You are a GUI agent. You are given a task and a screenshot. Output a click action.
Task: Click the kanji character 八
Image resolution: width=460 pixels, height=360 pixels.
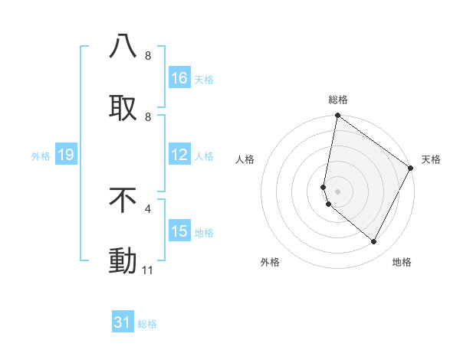coord(123,46)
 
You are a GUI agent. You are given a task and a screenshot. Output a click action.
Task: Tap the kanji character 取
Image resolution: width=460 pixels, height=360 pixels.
coord(123,108)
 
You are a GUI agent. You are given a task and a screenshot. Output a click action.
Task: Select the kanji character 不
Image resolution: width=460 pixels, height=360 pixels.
coord(123,200)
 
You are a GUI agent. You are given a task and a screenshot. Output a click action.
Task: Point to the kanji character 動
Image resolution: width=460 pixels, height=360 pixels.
coord(123,261)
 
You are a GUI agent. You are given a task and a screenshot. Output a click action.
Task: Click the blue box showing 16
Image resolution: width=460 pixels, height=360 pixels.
coord(179,78)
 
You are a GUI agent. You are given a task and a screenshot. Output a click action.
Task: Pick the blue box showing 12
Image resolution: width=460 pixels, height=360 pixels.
coord(179,155)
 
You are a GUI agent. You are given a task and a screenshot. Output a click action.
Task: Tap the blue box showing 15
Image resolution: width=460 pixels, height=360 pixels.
coord(179,231)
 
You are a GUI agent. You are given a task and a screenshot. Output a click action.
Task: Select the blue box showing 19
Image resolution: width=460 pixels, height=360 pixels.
coord(65,155)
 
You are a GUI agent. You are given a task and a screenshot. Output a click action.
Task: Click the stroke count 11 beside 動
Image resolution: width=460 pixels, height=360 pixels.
coord(147,270)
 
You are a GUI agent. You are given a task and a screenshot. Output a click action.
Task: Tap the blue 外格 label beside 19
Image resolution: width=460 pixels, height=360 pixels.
coord(41,156)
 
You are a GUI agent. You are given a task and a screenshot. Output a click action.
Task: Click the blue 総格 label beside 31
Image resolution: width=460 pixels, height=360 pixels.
coord(147,324)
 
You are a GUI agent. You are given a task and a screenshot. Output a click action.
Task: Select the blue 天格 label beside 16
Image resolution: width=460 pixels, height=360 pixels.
coord(204,79)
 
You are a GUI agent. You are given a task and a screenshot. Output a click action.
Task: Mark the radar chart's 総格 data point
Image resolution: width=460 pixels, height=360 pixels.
coord(337,116)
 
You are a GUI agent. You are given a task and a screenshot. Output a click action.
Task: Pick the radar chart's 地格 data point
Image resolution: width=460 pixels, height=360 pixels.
coord(374,242)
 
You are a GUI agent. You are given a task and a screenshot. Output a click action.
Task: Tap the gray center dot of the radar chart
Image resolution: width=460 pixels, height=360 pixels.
coord(337,191)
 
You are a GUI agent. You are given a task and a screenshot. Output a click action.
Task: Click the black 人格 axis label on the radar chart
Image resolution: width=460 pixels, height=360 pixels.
coord(245,159)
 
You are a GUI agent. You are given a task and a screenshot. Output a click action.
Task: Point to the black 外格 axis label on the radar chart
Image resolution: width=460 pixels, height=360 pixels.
coord(270,262)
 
